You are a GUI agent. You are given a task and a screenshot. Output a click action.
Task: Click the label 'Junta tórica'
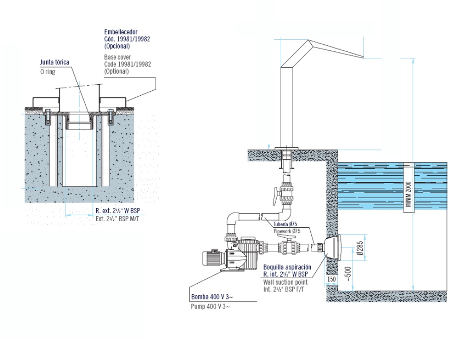coord(54,62)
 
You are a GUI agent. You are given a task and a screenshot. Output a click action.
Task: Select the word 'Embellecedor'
coord(121,32)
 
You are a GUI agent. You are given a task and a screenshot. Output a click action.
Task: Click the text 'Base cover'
coord(117,57)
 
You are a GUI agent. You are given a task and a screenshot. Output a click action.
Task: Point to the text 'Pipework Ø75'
coord(287,231)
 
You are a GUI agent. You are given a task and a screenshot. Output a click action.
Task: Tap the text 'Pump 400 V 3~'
coord(210,306)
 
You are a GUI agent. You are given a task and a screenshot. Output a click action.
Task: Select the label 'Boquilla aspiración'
coord(287,267)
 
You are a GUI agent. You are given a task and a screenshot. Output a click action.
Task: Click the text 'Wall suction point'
coord(285,282)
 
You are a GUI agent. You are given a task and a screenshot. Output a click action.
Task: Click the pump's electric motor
coord(213,257)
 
